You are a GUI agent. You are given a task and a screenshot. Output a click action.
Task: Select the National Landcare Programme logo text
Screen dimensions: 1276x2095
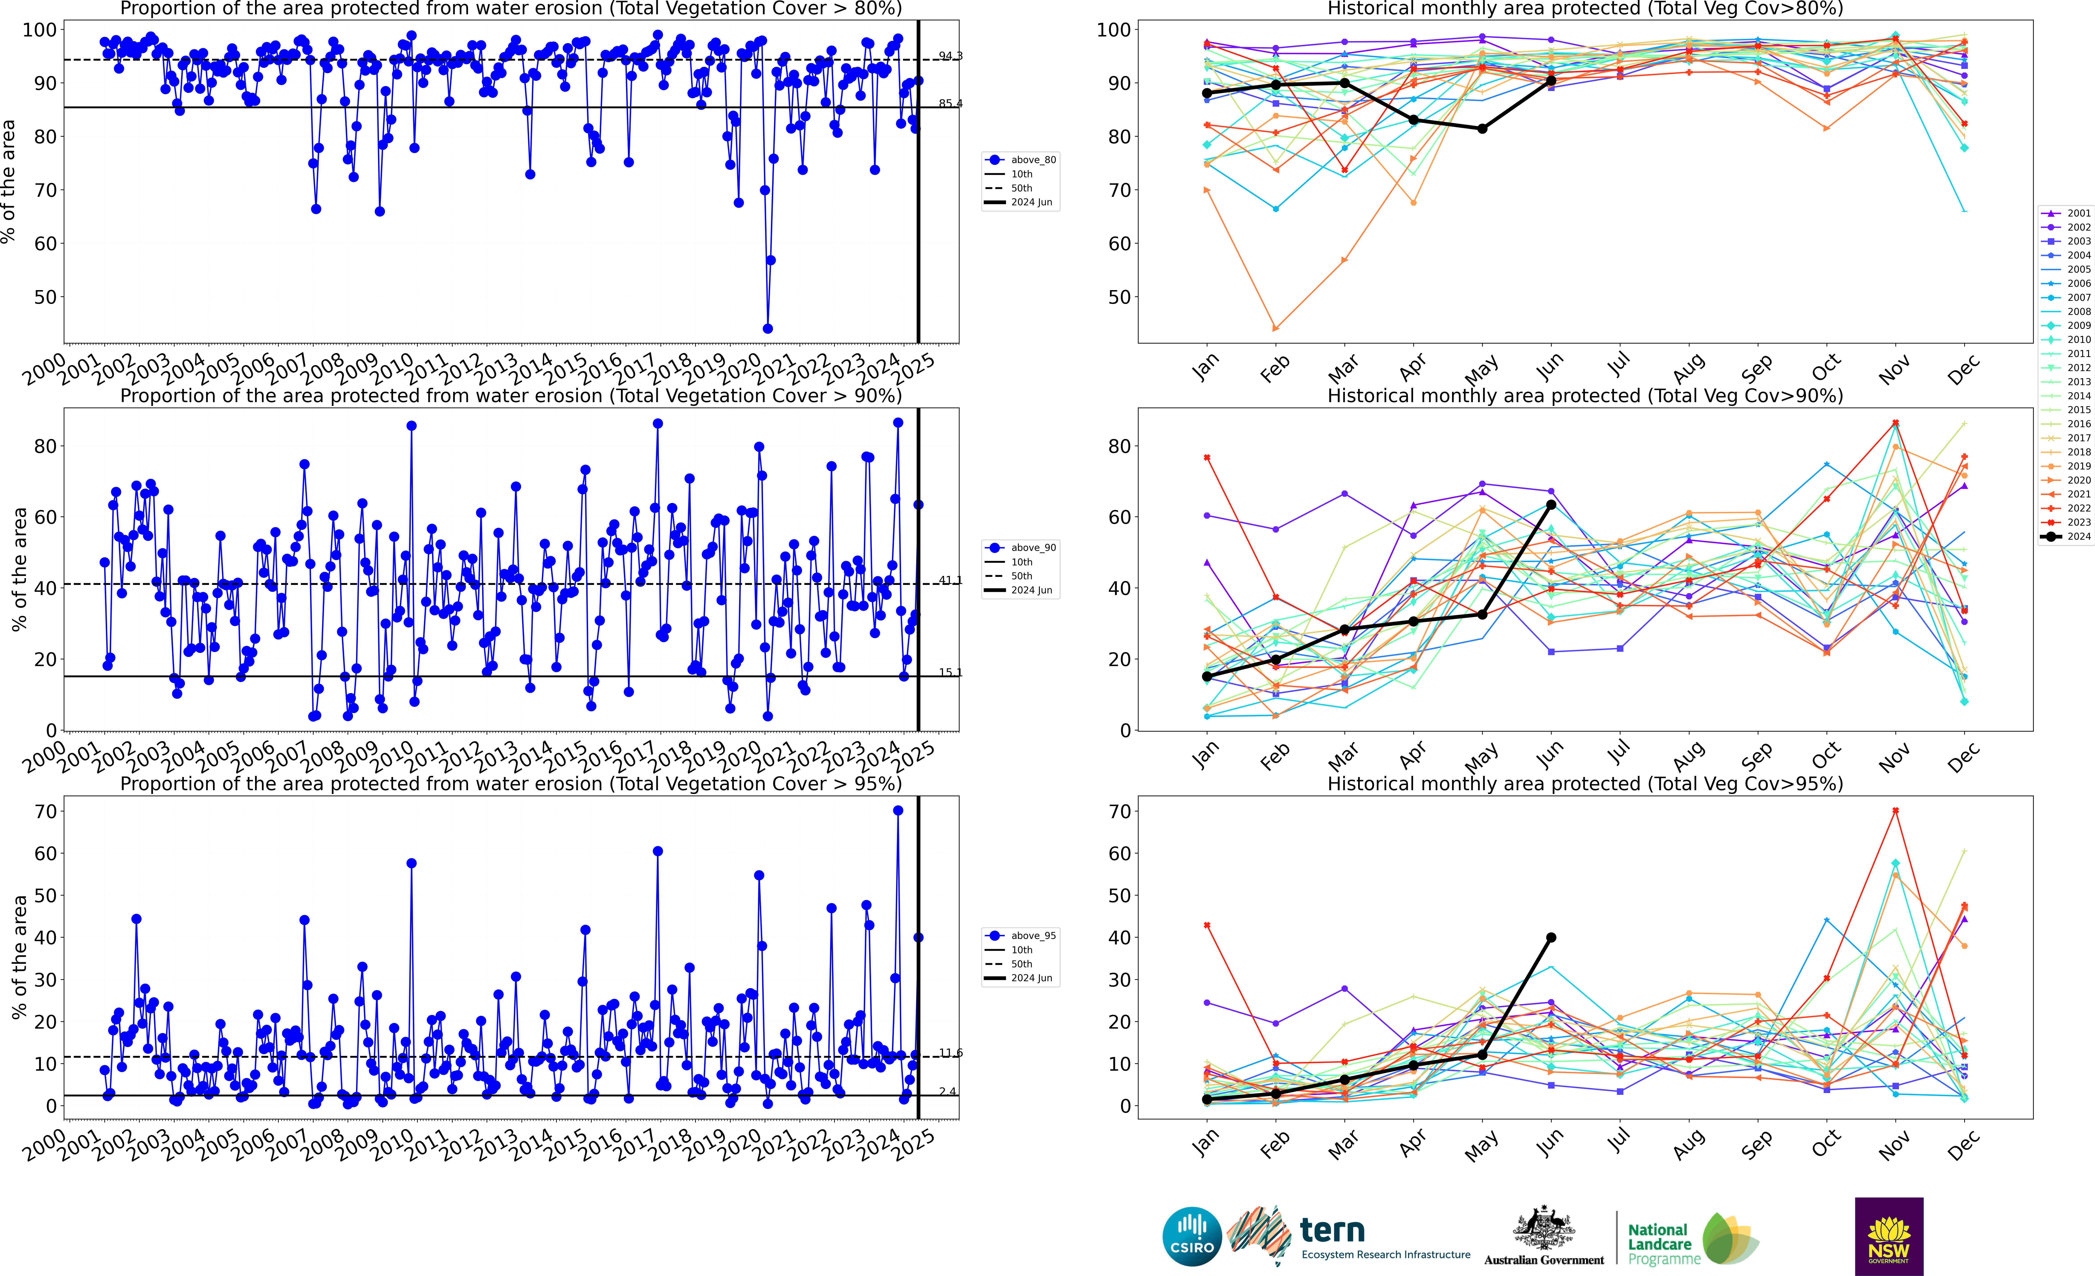click(x=1659, y=1244)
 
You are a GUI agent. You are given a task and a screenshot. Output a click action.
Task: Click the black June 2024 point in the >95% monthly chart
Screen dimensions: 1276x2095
click(x=1551, y=937)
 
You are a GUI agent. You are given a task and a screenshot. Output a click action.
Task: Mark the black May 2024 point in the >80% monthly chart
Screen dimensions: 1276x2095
click(x=1482, y=128)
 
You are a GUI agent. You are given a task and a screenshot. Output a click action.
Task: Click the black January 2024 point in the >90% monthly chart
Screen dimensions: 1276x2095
click(x=1207, y=676)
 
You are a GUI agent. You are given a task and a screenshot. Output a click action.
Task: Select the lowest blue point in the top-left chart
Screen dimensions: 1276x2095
click(x=768, y=328)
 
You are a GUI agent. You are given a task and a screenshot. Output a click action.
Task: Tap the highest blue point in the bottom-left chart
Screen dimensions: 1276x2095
click(x=898, y=811)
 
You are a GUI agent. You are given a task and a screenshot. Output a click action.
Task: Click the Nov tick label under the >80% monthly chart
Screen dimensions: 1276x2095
click(x=1894, y=368)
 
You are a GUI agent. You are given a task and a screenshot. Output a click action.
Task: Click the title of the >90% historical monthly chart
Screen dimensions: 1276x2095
click(x=1585, y=396)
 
